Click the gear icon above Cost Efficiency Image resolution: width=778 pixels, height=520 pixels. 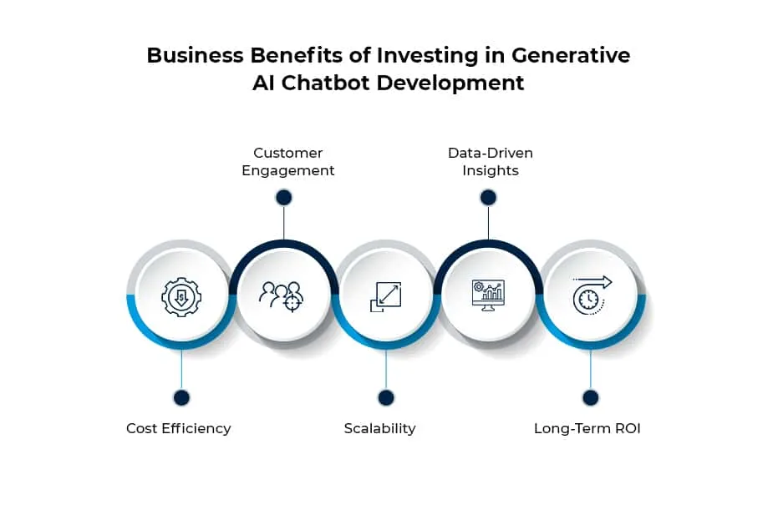pyautogui.click(x=181, y=296)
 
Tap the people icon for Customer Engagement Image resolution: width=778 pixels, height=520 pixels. pyautogui.click(x=282, y=296)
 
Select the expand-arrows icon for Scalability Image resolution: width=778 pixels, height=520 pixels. pyautogui.click(x=385, y=296)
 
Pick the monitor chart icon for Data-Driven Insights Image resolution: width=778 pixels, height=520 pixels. pyautogui.click(x=488, y=295)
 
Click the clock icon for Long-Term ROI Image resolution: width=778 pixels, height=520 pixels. pyautogui.click(x=592, y=295)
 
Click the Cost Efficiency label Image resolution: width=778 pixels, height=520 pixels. pyautogui.click(x=179, y=428)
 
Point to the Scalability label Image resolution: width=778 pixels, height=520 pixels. pyautogui.click(x=379, y=428)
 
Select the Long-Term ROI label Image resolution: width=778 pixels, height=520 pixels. pyautogui.click(x=587, y=428)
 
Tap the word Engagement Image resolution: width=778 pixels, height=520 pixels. pyautogui.click(x=287, y=170)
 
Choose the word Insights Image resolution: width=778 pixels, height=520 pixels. pyautogui.click(x=491, y=170)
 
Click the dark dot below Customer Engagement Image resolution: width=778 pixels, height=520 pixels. pyautogui.click(x=284, y=198)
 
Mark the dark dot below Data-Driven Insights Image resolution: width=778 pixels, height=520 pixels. pyautogui.click(x=488, y=198)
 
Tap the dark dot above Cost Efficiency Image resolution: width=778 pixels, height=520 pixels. pyautogui.click(x=181, y=397)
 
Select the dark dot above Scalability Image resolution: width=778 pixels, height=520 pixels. pyautogui.click(x=386, y=397)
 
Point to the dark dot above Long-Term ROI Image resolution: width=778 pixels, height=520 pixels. pyautogui.click(x=591, y=397)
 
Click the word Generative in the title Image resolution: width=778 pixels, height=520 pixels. pyautogui.click(x=571, y=55)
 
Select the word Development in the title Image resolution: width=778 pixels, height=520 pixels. pyautogui.click(x=450, y=83)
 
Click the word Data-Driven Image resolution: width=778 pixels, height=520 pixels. pyautogui.click(x=491, y=153)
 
